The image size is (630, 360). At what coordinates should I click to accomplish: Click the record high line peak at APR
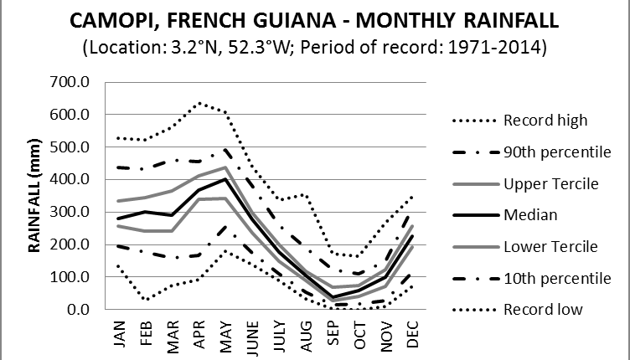point(199,103)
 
